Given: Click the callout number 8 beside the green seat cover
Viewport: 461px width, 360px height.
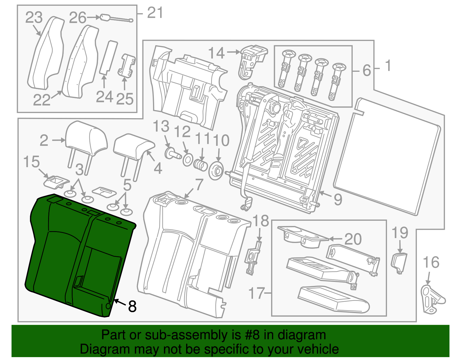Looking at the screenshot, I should coord(132,306).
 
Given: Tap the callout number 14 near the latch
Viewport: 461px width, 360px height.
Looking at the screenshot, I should coord(216,53).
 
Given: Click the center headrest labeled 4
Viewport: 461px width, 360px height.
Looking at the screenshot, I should coord(133,146).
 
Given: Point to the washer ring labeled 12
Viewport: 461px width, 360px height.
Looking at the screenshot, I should coord(188,160).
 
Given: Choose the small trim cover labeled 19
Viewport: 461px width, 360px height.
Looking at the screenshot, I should coord(399,262).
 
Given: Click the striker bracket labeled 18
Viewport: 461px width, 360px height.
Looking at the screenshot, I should coord(253,258).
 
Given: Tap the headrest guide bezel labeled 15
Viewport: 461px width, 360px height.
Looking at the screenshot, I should coord(56,181).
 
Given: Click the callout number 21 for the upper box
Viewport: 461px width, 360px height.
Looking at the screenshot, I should coord(155,13).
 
